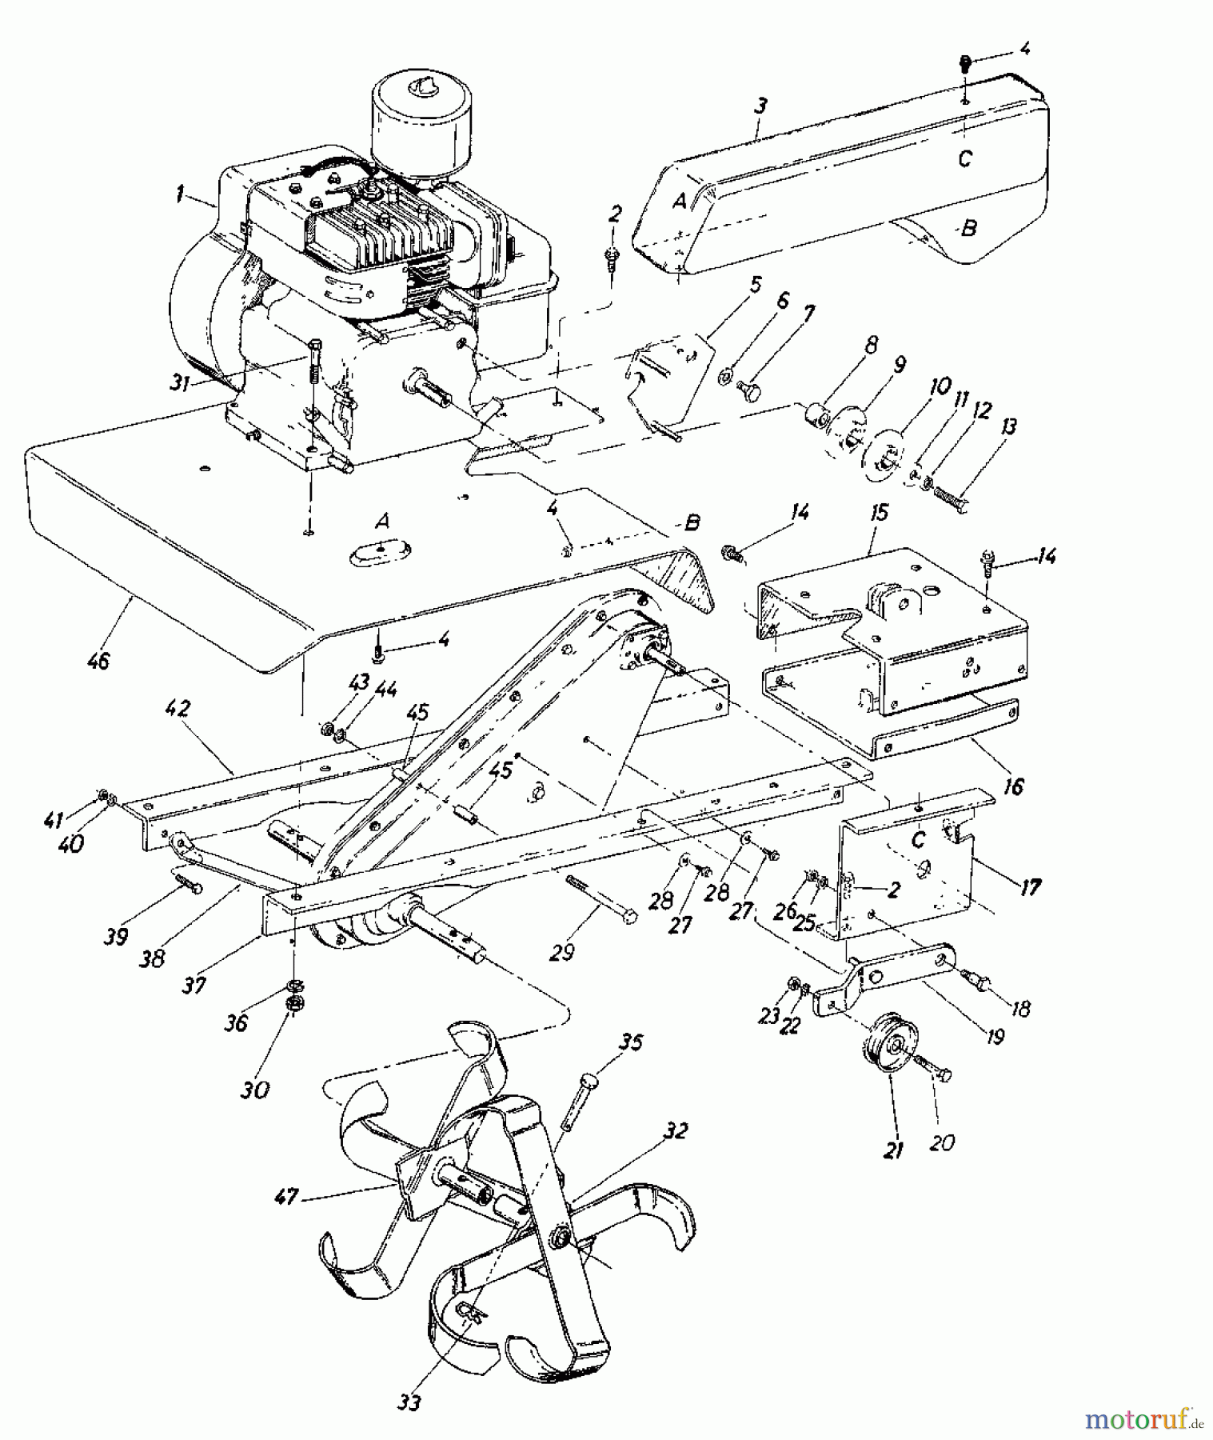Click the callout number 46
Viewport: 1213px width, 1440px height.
99,661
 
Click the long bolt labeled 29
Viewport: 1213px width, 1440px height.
600,900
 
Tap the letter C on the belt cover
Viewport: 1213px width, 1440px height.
965,158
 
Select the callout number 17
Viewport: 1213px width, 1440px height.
1031,886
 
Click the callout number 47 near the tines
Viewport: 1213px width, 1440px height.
285,1197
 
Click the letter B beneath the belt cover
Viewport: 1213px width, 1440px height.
968,228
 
